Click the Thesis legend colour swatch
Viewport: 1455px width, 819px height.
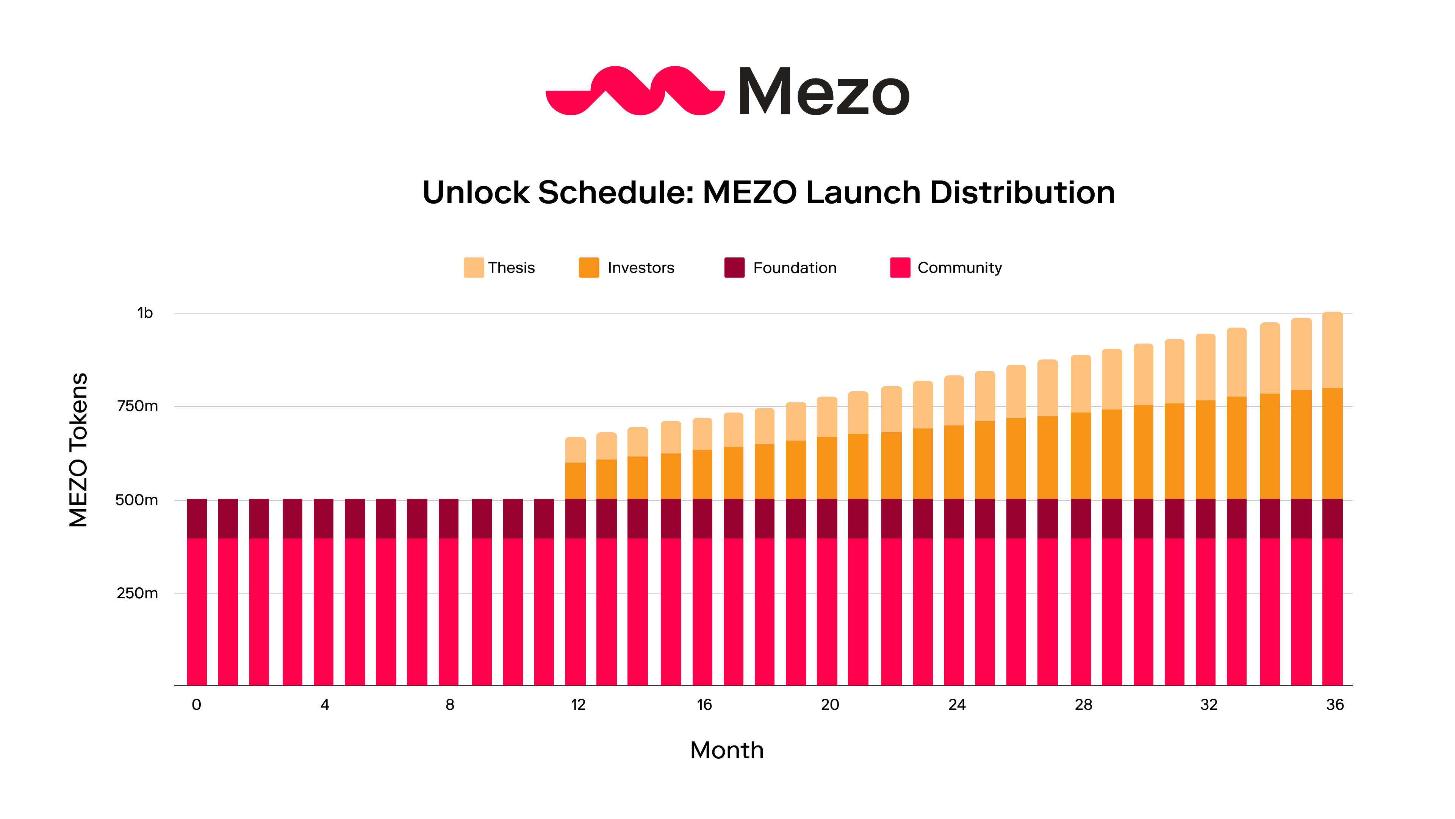473,267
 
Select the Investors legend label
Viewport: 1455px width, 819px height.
640,268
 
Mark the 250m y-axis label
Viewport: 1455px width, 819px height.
137,593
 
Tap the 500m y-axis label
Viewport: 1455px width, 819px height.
137,500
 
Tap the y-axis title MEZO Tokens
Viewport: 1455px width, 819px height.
78,450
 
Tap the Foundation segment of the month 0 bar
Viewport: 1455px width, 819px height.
197,518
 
